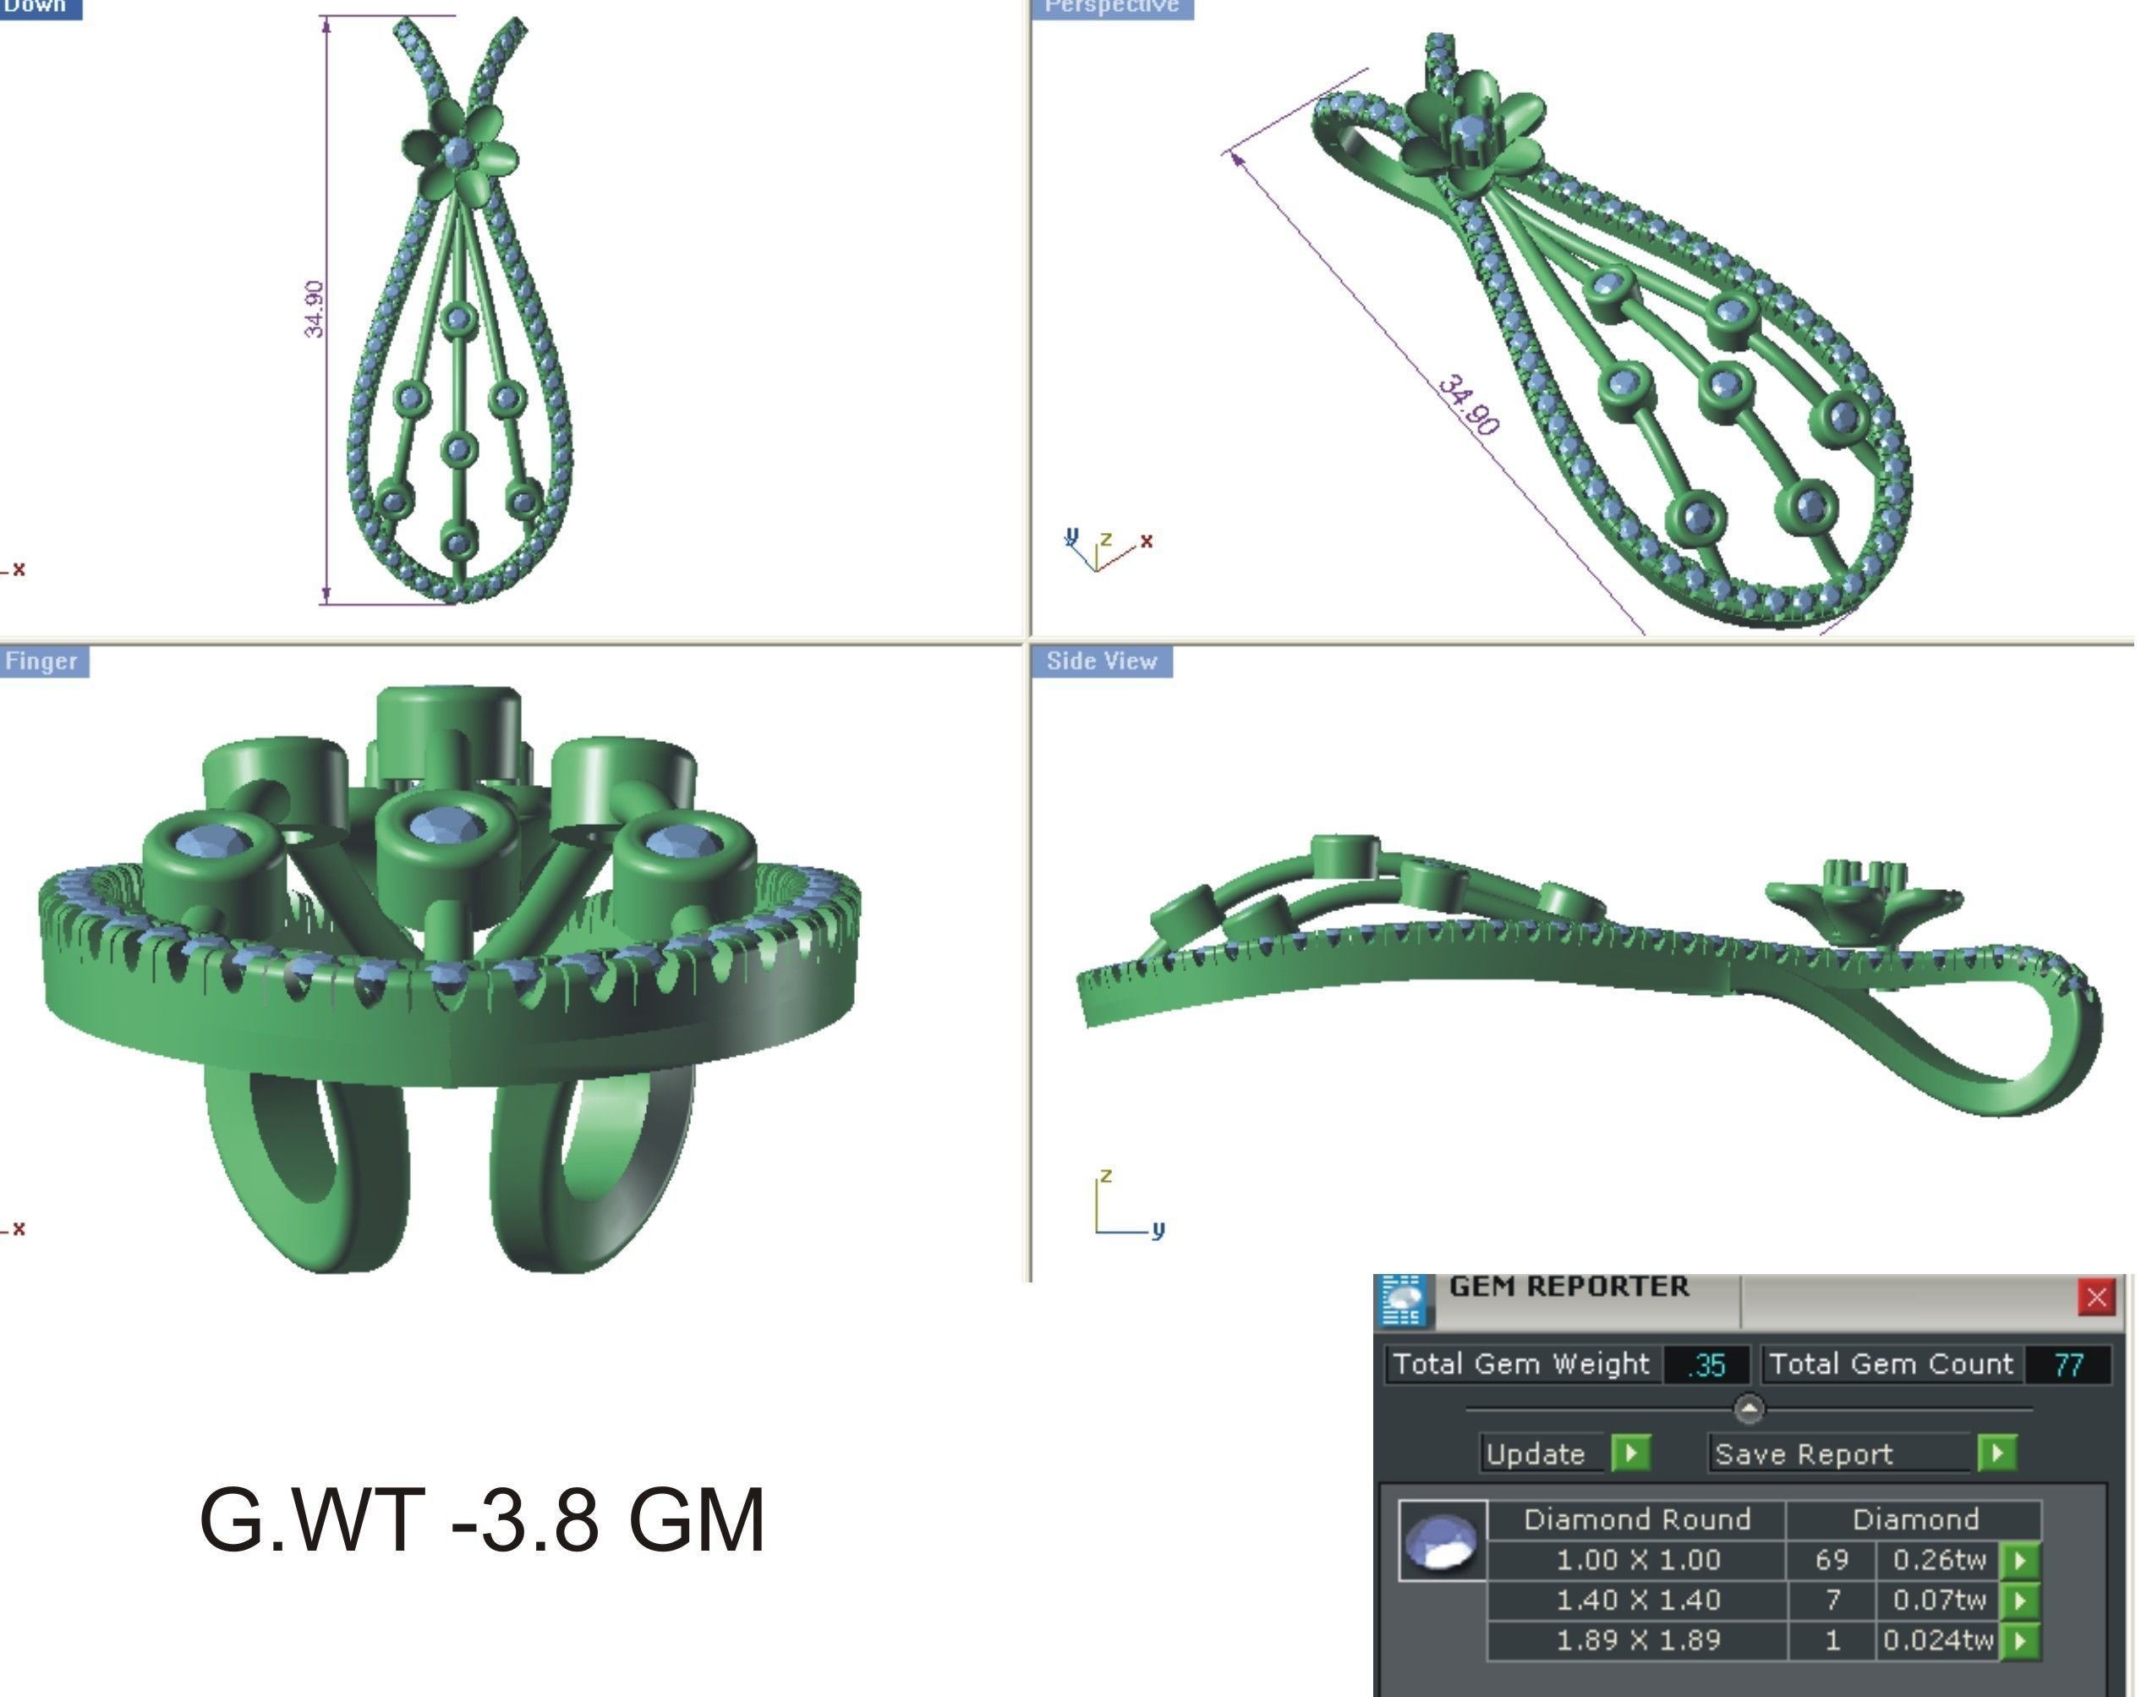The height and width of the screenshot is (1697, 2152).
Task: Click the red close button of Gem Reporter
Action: [2095, 1297]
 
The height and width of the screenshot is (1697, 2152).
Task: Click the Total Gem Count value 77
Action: [2067, 1365]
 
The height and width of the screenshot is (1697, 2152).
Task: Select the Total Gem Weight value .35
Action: [1706, 1365]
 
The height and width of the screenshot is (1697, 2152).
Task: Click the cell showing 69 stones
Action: [1832, 1560]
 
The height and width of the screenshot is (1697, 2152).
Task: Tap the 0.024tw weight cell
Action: [1936, 1640]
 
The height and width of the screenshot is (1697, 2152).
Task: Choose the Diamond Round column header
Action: [1636, 1519]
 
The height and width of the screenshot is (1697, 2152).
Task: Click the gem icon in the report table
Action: [1442, 1541]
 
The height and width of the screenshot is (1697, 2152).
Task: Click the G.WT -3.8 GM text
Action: [483, 1520]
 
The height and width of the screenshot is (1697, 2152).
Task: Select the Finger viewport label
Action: [41, 662]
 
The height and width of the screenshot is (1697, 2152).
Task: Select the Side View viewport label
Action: [1101, 662]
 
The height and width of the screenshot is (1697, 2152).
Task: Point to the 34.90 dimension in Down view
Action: [314, 309]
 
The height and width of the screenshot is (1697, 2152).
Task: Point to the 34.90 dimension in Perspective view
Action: [1468, 405]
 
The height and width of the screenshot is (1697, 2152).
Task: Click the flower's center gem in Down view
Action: [457, 152]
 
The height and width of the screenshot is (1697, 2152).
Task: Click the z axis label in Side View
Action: [1106, 1175]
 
